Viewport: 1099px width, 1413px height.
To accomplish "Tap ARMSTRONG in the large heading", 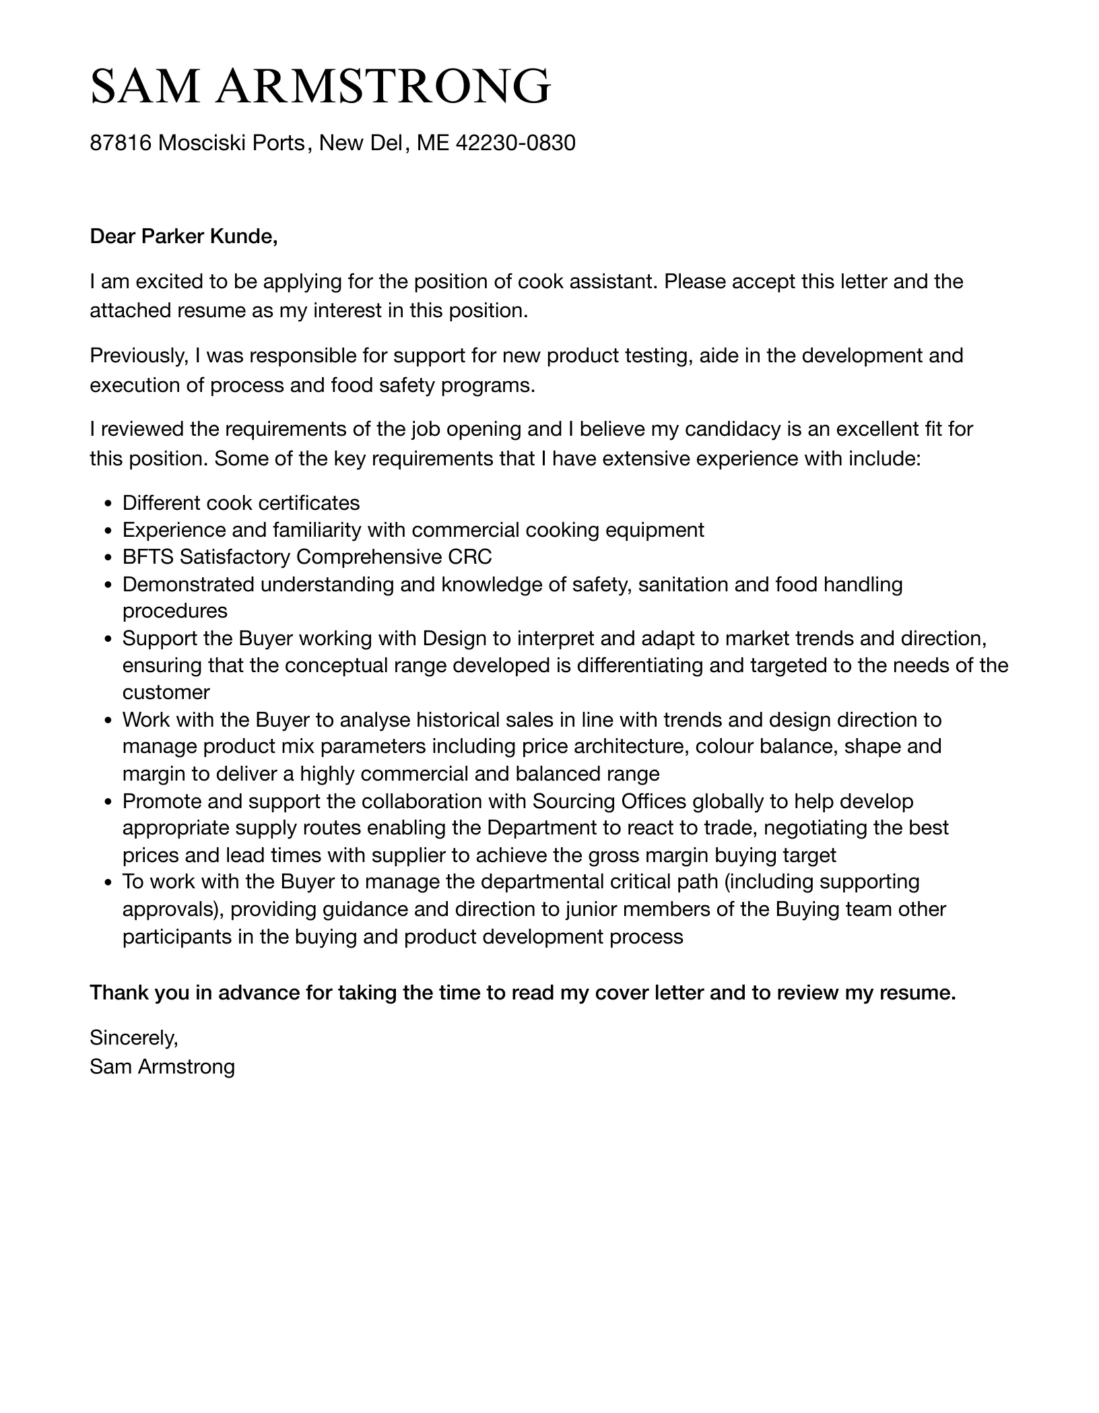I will (383, 87).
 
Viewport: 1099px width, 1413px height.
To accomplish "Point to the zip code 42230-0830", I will (516, 143).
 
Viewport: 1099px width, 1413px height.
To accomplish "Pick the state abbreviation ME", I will (433, 143).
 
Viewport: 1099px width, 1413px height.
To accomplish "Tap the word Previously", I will (139, 355).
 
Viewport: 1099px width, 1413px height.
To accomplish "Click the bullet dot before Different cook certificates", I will (108, 504).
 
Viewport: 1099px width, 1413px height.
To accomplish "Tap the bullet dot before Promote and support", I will (108, 802).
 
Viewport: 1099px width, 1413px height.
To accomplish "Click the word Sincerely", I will (133, 1038).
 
